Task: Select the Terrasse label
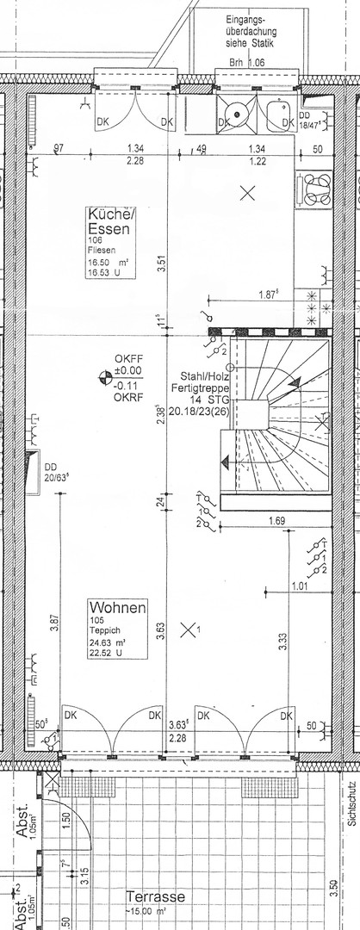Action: (155, 896)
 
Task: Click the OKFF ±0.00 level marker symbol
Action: (104, 375)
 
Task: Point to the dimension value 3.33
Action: (284, 642)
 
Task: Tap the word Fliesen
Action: (103, 251)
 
